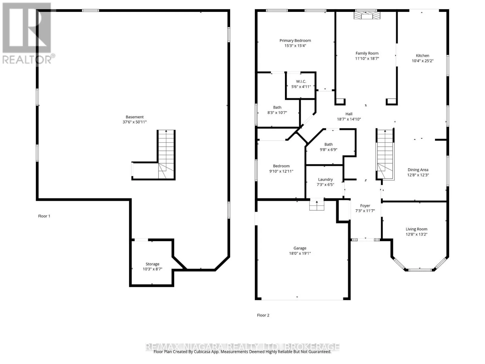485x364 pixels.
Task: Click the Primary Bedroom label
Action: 295,40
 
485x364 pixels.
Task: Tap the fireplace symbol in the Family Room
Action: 367,15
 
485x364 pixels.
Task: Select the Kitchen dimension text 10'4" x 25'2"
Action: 423,61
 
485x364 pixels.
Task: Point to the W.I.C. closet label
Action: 301,82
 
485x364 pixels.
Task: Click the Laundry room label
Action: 325,180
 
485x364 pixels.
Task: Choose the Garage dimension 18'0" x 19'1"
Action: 300,253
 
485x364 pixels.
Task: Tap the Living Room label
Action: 416,229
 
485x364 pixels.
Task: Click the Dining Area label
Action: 418,170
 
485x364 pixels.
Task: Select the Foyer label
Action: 365,206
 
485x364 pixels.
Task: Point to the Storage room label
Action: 152,264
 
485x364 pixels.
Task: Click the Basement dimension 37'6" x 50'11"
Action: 135,122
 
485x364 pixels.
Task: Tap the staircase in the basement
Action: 166,154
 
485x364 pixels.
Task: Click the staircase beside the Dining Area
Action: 385,154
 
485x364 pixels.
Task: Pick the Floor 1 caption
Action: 44,216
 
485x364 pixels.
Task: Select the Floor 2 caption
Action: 263,315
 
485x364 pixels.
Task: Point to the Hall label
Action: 349,114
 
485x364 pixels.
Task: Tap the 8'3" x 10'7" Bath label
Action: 277,107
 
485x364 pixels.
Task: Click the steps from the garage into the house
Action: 317,205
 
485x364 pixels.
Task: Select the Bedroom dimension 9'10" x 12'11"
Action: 281,171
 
